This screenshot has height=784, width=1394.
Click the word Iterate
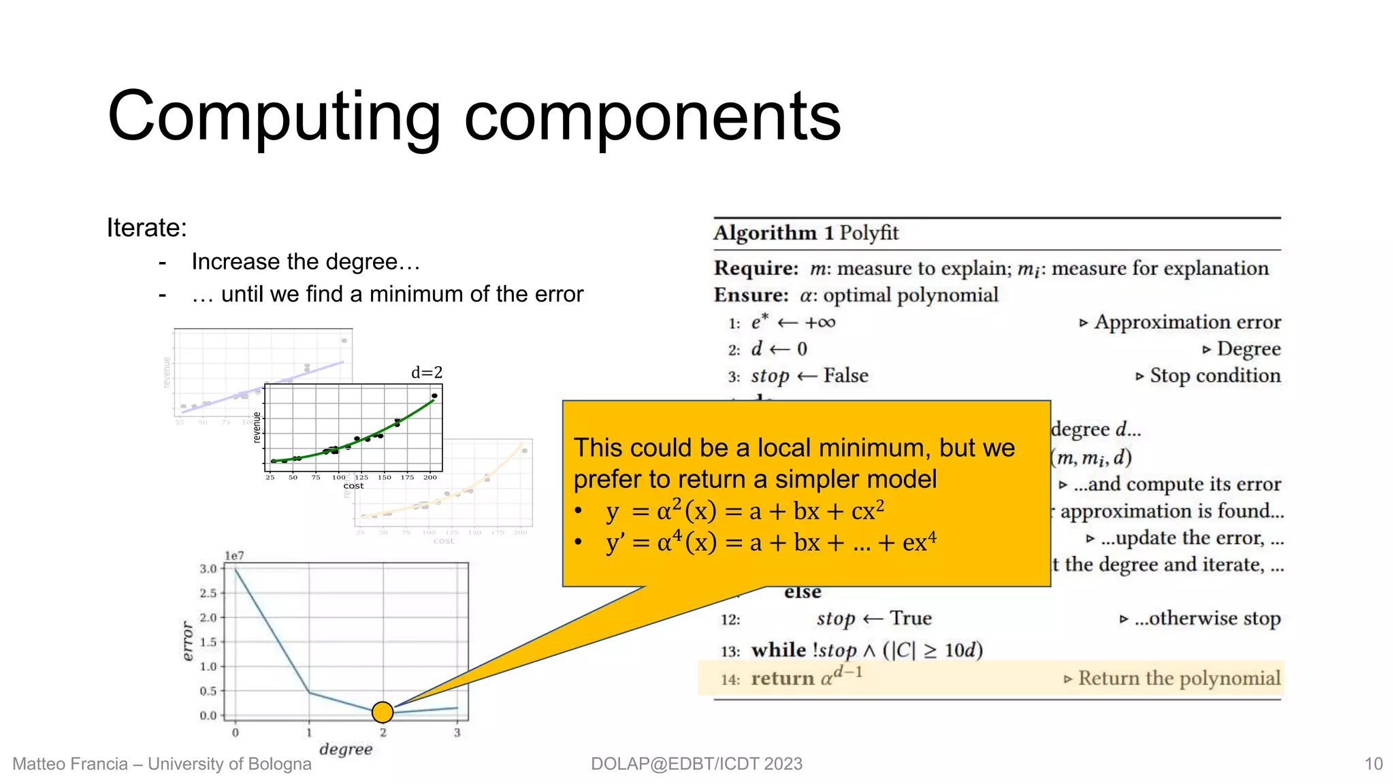coord(146,228)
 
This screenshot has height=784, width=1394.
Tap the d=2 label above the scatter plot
coord(427,372)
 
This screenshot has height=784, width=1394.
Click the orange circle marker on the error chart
coord(383,712)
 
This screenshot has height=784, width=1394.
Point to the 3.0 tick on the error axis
coord(208,569)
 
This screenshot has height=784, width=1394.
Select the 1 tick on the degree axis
coord(309,733)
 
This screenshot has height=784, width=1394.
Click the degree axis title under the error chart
coord(346,749)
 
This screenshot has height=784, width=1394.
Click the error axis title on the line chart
coord(188,640)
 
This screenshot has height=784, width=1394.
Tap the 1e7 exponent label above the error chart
coord(234,556)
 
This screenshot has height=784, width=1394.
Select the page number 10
coord(1374,764)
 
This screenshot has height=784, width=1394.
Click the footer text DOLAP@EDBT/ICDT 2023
coord(696,764)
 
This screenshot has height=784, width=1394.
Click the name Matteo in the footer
coord(39,764)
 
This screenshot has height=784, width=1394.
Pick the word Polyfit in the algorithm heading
coord(869,233)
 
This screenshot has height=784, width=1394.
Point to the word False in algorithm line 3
coord(845,376)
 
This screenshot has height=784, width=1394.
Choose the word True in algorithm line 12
coord(910,618)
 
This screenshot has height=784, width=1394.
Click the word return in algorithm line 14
coord(782,679)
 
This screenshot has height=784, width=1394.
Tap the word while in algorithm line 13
coord(779,650)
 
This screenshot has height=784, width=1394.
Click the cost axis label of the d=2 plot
coord(353,486)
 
